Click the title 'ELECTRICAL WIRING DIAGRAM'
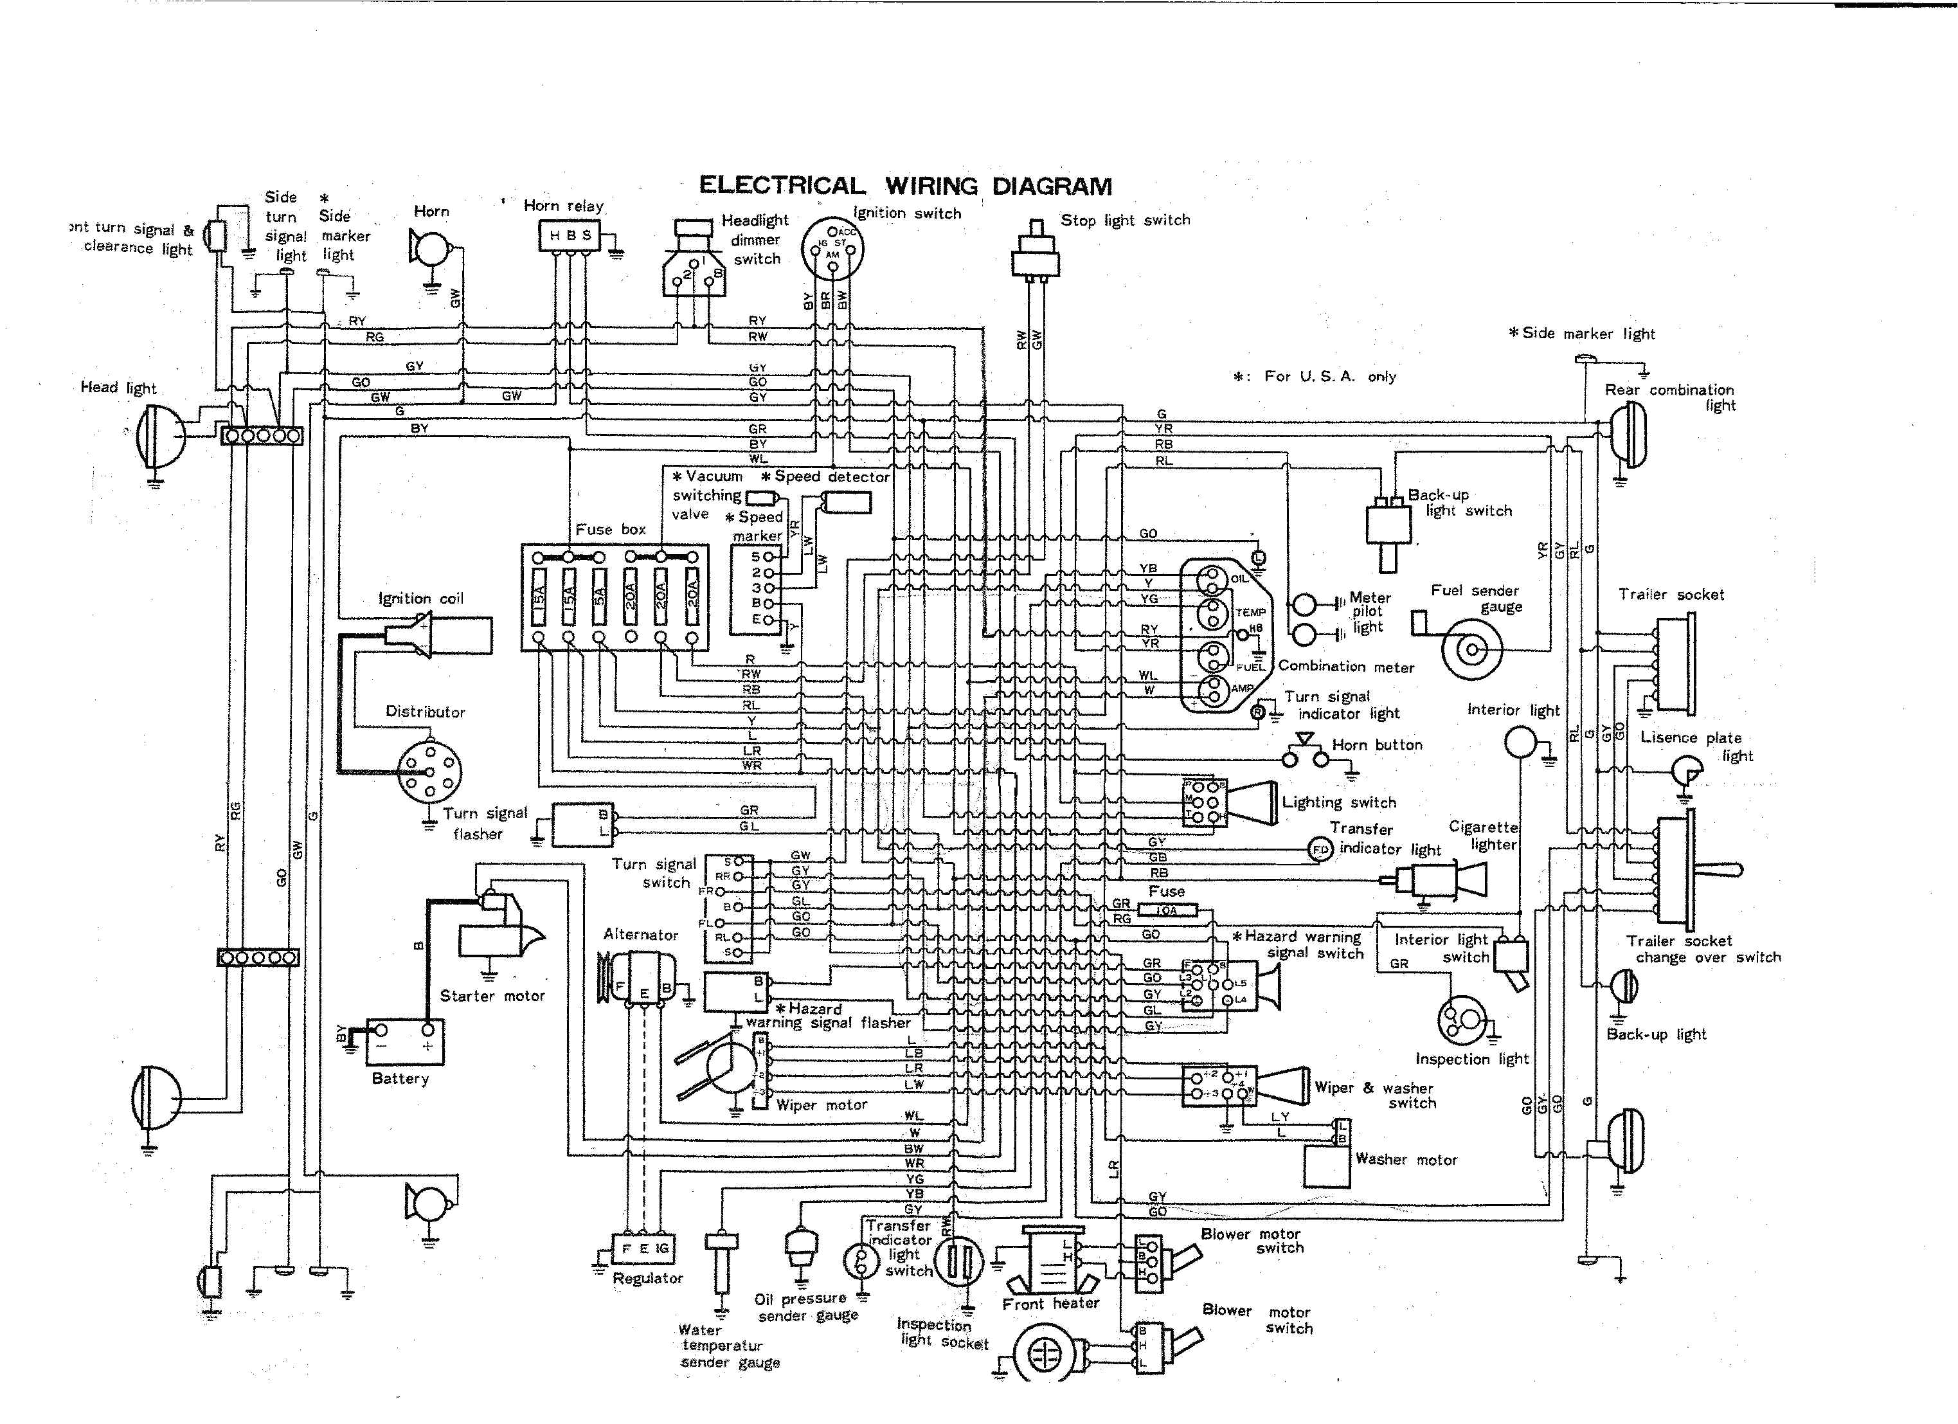click(x=904, y=186)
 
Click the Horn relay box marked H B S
click(x=570, y=235)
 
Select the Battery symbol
click(x=405, y=1041)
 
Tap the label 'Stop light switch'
click(x=1125, y=221)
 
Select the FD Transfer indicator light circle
click(x=1320, y=850)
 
